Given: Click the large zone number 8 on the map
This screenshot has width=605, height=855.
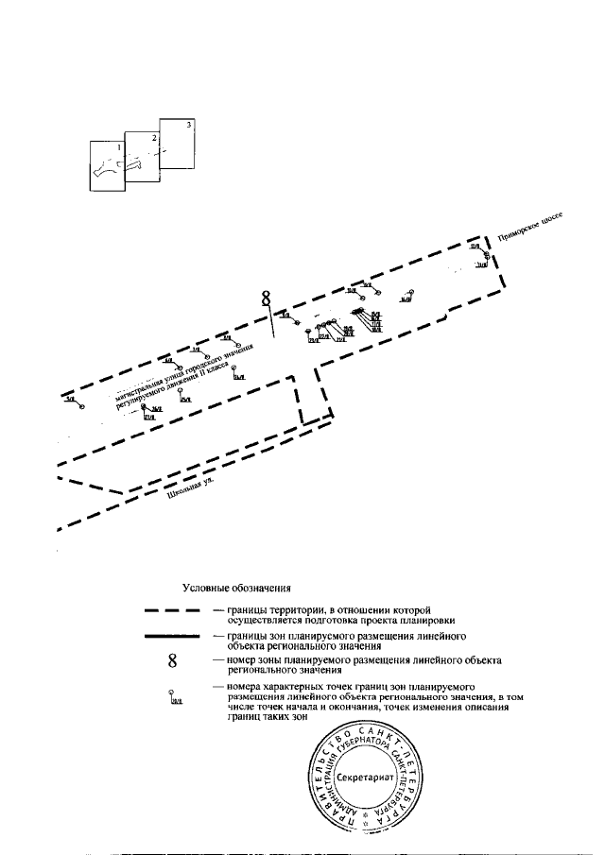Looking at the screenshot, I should (267, 299).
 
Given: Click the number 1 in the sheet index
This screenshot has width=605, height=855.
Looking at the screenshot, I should (118, 148).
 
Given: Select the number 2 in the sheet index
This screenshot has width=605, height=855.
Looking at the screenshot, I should (153, 138).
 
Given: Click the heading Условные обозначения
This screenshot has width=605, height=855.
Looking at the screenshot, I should (236, 588).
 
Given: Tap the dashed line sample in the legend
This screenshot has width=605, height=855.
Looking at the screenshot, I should (171, 611).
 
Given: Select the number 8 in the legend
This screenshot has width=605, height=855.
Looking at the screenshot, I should (171, 660).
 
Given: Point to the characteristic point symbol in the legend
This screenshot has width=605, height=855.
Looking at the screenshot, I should (173, 696).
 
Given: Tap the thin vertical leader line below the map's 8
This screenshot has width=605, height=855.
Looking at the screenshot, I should (271, 321).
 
